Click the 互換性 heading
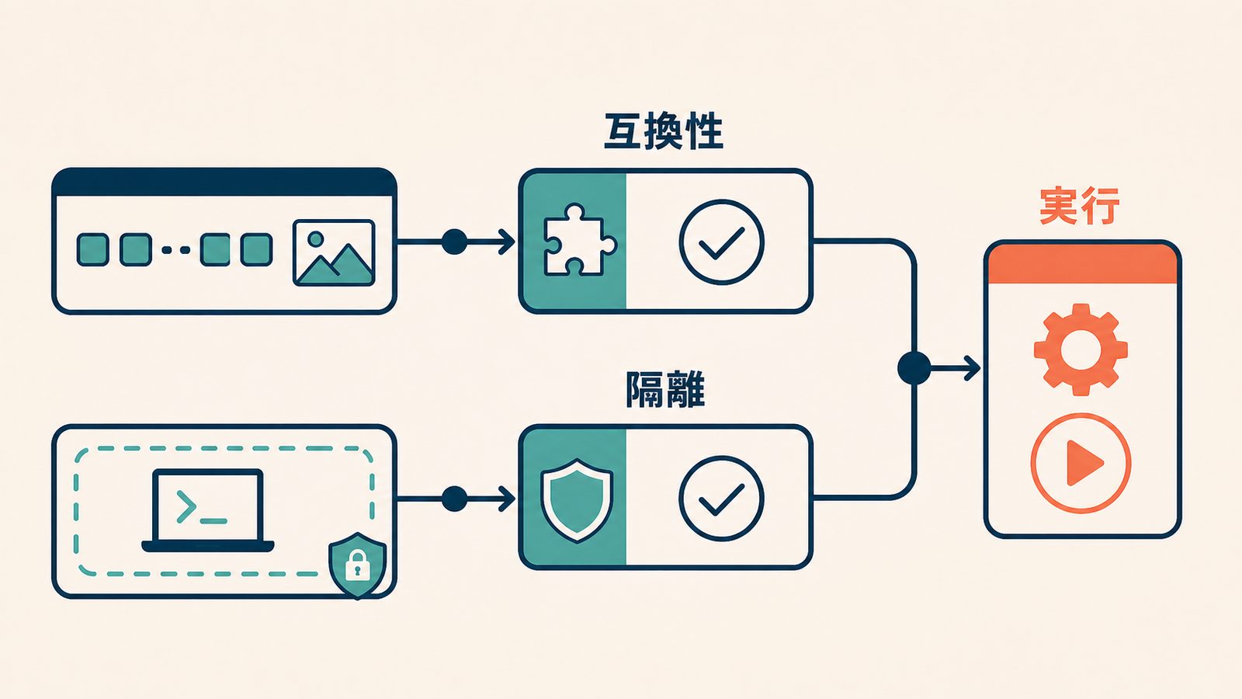664,131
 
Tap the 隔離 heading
665,389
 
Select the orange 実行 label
1079,207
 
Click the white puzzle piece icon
579,240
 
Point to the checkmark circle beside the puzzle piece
721,242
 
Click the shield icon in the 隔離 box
577,500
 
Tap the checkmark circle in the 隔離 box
721,499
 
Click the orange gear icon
1081,349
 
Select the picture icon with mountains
334,253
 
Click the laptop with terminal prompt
208,510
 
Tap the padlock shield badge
358,565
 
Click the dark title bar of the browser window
224,182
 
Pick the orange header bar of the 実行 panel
1083,264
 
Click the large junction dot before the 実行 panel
914,368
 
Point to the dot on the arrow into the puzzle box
454,242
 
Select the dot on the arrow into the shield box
454,499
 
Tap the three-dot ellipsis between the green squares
175,249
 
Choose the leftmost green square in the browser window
92,249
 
